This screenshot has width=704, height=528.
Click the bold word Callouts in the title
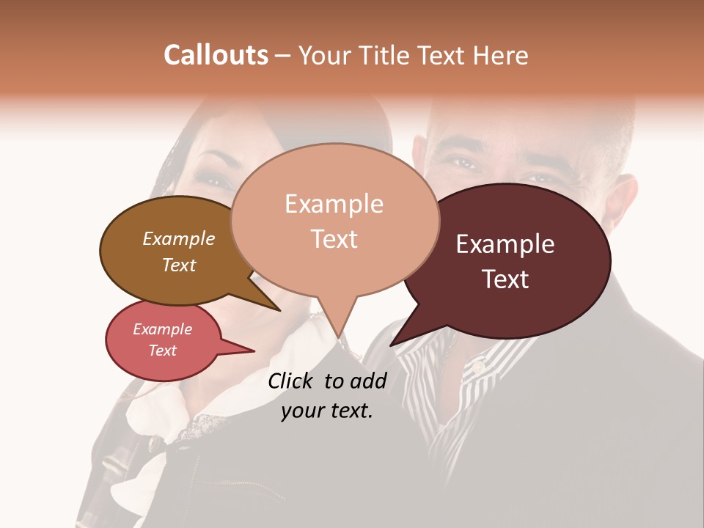216,55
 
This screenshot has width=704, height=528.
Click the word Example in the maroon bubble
505,244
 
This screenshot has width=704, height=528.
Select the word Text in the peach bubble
334,239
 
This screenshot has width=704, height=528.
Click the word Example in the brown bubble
179,238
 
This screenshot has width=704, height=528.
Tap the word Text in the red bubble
163,351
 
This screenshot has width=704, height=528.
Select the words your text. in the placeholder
327,411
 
